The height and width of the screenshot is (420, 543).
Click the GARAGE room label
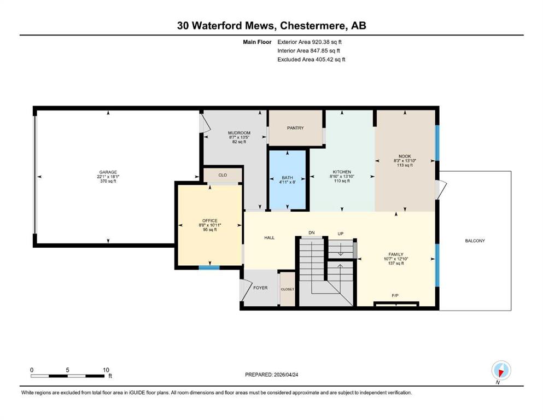(x=108, y=172)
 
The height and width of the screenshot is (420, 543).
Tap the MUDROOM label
(x=239, y=133)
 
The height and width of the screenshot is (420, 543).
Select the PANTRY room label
(x=295, y=128)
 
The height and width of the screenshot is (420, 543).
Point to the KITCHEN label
(x=342, y=172)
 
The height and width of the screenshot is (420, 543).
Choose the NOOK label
(x=404, y=156)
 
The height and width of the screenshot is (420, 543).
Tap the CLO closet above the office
(x=223, y=175)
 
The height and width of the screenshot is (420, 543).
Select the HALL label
(x=269, y=238)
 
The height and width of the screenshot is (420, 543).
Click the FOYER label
(x=260, y=288)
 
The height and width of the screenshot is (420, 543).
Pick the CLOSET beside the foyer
(x=287, y=289)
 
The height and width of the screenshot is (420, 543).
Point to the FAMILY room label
(x=396, y=254)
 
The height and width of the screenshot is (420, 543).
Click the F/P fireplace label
(x=395, y=296)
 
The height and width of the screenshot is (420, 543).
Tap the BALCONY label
(x=475, y=241)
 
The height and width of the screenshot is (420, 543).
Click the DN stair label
(x=312, y=232)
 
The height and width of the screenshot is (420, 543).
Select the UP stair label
(x=340, y=233)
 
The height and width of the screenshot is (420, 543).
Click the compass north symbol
(x=501, y=371)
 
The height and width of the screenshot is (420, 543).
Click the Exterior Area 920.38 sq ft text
(x=312, y=42)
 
